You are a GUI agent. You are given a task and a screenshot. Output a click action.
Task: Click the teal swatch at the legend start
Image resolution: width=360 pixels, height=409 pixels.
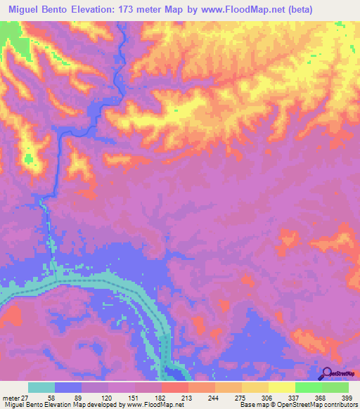point(41,387)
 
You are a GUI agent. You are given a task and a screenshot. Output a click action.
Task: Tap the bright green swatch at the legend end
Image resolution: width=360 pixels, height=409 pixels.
point(335,387)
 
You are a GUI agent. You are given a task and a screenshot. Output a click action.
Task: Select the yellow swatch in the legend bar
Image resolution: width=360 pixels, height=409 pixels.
point(281,387)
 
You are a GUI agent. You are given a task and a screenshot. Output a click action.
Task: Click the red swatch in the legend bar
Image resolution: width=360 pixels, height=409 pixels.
point(174,387)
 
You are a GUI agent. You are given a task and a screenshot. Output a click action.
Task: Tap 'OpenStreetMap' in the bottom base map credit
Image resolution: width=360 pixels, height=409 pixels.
point(309,405)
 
